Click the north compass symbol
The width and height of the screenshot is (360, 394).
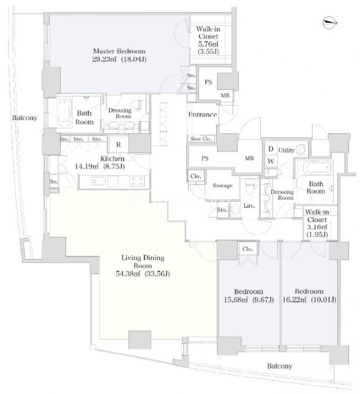330,23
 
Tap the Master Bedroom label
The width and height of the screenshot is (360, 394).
119,51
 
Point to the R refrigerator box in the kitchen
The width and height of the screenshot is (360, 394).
118,144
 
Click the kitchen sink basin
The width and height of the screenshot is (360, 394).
99,182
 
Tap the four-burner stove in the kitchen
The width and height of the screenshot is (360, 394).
137,182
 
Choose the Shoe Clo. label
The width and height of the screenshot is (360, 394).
201,139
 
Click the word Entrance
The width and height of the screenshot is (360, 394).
203,114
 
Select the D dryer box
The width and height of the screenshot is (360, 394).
271,149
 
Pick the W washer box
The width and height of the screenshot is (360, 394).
271,161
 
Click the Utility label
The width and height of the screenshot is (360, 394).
287,151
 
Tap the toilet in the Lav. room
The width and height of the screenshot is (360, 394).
250,188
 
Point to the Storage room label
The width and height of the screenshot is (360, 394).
222,185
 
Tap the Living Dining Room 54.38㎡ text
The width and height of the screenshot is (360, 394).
143,266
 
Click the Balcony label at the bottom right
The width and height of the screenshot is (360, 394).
280,366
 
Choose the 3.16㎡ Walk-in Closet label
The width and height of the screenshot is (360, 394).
317,223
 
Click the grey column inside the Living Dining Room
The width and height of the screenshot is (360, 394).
140,340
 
